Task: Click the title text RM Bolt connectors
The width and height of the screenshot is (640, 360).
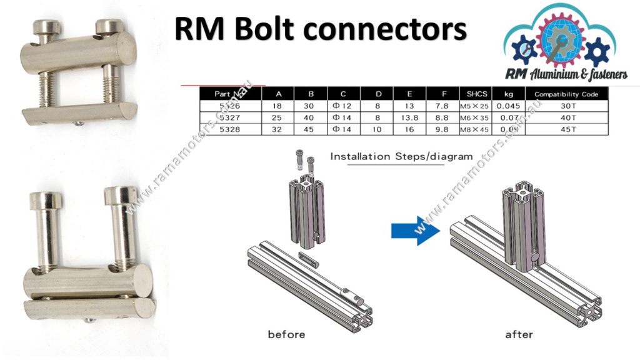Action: [x=320, y=29]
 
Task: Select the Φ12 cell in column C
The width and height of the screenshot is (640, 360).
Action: [x=343, y=106]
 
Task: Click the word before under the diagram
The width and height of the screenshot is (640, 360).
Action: [x=286, y=334]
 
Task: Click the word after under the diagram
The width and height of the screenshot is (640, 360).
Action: [x=519, y=334]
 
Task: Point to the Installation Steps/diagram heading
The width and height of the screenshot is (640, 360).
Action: [x=401, y=156]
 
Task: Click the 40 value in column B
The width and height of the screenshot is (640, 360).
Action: [x=311, y=117]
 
